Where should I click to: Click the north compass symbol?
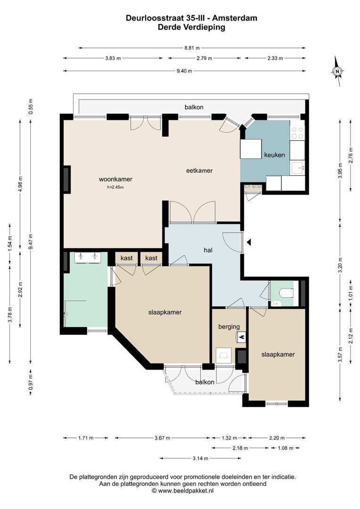tap(337, 71)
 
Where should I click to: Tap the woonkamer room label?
tap(115, 179)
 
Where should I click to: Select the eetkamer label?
tap(199, 171)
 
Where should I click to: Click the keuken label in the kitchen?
tap(275, 155)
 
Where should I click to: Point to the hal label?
tap(208, 250)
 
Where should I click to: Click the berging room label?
tap(229, 327)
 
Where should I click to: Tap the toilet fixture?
tap(287, 293)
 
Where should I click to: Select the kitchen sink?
tap(298, 168)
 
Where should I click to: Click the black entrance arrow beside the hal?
tap(249, 242)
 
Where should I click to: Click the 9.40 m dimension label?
tap(184, 71)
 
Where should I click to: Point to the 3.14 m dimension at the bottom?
tap(200, 459)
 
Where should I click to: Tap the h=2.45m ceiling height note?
tap(115, 187)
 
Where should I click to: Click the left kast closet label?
tap(127, 258)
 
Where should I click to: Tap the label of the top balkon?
tap(194, 107)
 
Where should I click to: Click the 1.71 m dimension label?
tap(86, 438)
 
